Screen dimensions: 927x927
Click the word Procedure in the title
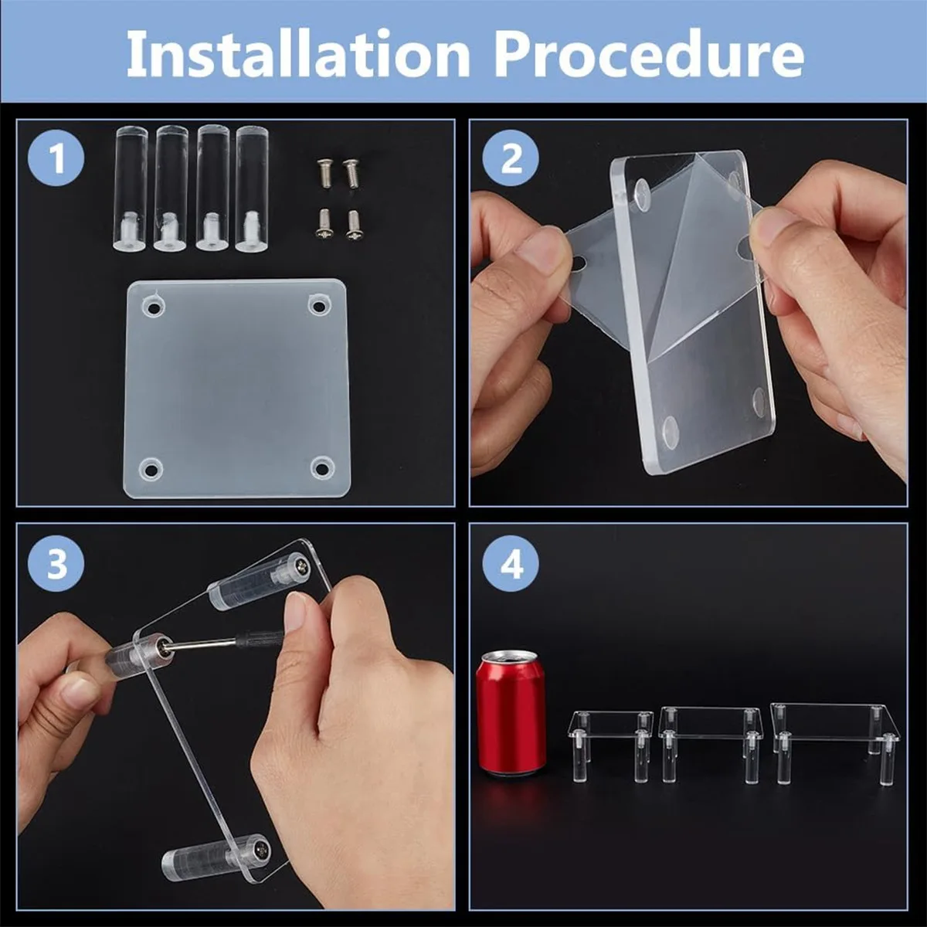click(649, 54)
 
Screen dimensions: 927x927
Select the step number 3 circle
click(56, 565)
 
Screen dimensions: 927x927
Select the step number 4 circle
click(511, 565)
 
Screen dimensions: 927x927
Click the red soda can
click(511, 715)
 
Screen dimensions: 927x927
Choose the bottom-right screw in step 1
click(354, 223)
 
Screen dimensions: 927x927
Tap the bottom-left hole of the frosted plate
click(148, 469)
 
